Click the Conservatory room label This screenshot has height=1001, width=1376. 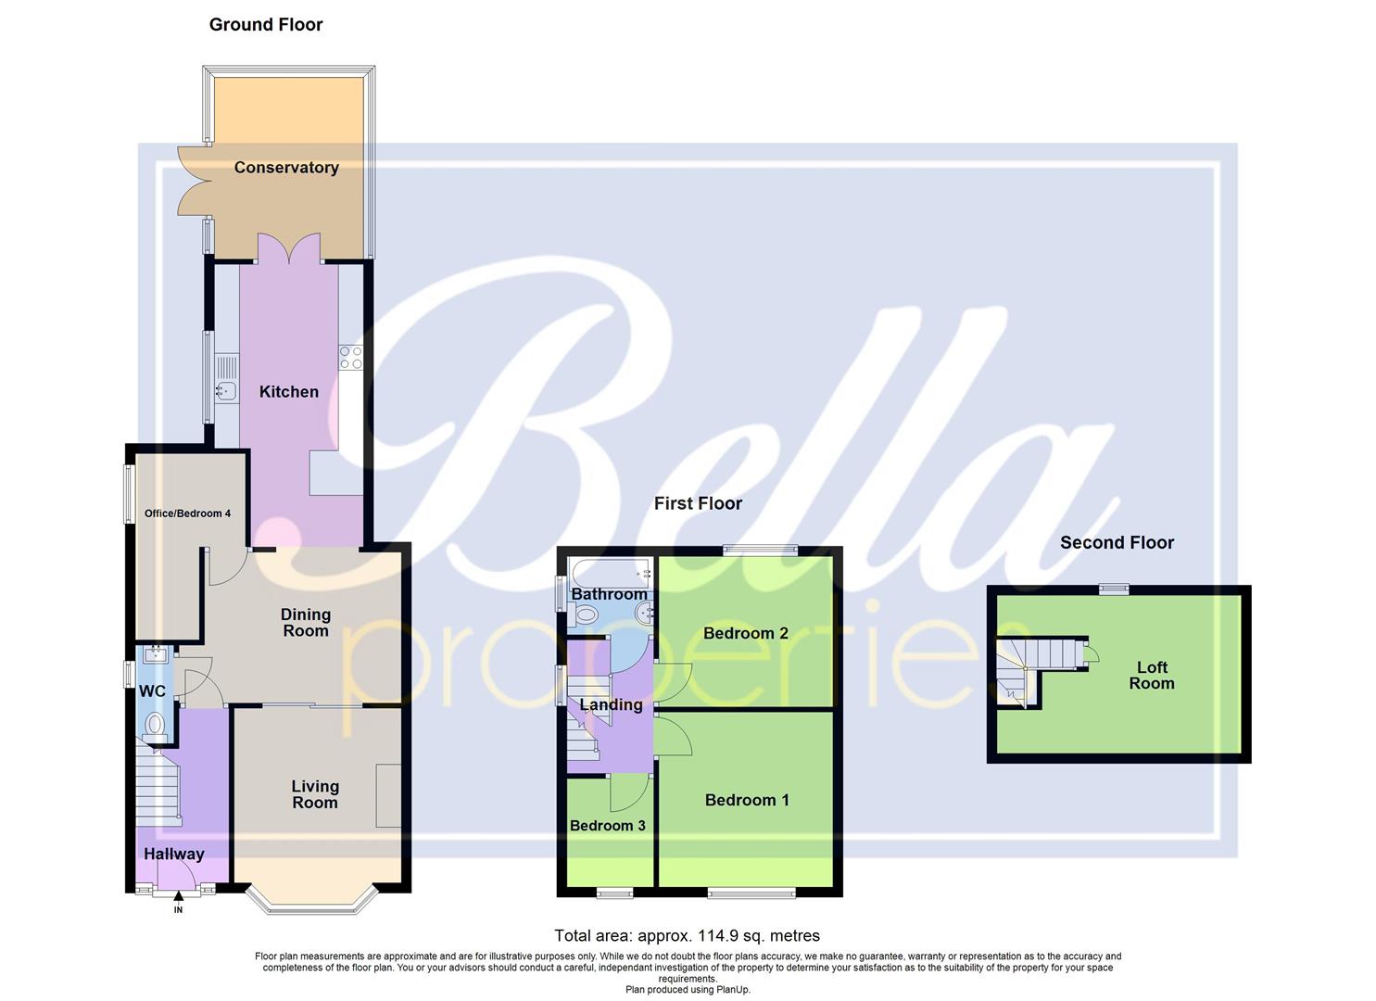point(286,168)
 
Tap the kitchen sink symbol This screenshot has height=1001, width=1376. point(225,391)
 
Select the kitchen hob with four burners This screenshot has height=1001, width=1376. point(351,358)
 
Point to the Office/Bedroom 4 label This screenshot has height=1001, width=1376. point(187,513)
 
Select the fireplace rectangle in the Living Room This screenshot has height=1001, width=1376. point(388,795)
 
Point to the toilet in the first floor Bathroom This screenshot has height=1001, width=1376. point(585,614)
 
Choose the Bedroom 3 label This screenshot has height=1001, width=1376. point(607,826)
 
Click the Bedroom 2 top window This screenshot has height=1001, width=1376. point(760,550)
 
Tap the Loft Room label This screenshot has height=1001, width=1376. point(1152,676)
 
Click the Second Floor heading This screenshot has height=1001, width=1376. point(1117,543)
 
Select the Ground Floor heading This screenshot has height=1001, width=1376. point(266,25)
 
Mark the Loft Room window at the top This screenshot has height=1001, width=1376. point(1114,589)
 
